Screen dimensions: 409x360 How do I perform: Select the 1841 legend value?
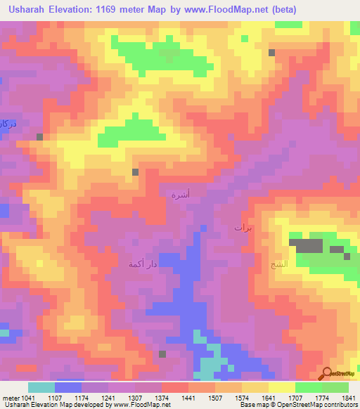click(347, 397)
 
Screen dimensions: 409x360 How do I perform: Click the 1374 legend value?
click(162, 397)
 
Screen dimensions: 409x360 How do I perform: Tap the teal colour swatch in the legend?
click(41, 387)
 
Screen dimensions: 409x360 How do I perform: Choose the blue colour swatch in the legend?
click(68, 387)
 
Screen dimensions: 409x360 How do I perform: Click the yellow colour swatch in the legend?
click(282, 387)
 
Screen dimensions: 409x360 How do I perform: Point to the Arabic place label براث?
click(243, 228)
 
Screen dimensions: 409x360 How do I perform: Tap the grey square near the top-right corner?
click(271, 53)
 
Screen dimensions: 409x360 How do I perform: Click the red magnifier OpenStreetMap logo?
click(326, 373)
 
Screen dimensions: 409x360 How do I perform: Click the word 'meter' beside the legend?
click(11, 397)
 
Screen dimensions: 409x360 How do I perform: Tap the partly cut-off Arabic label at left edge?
click(6, 124)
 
